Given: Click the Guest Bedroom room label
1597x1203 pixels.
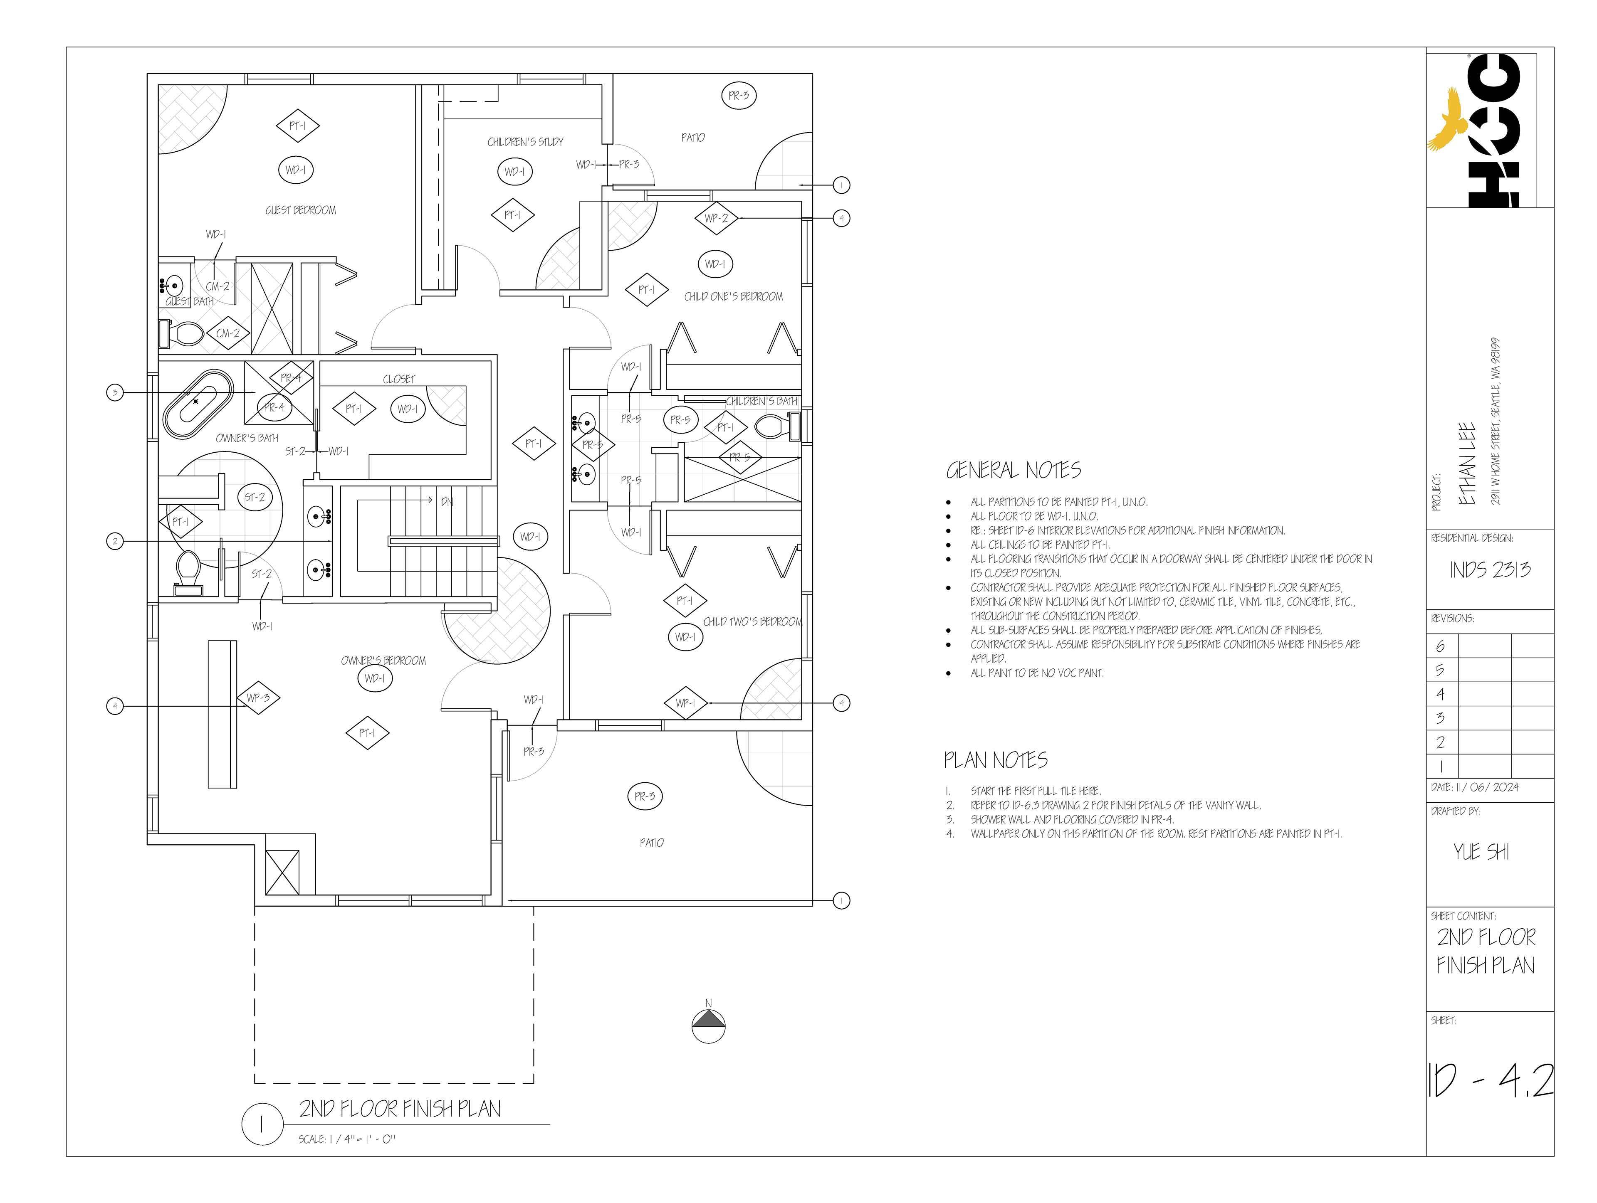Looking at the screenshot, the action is [300, 210].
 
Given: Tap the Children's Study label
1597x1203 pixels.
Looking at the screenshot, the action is [525, 142].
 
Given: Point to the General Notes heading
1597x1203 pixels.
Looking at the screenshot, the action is [1013, 471].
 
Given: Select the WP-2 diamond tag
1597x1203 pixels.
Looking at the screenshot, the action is [716, 218].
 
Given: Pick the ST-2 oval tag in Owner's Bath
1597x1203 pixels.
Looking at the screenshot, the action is [254, 497].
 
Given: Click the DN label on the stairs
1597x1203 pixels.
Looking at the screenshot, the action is [447, 502].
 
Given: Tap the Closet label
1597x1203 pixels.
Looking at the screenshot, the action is [398, 379].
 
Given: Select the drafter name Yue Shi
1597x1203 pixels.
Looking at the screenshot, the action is [1481, 852].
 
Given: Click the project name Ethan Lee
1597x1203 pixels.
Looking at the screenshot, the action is [1466, 463].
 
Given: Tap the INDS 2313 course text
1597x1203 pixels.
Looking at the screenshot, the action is [1489, 570].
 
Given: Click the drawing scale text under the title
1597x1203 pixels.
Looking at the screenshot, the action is [346, 1139].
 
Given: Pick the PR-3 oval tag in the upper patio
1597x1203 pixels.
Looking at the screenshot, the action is [739, 95].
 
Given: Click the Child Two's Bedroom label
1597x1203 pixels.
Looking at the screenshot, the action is [752, 621].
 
